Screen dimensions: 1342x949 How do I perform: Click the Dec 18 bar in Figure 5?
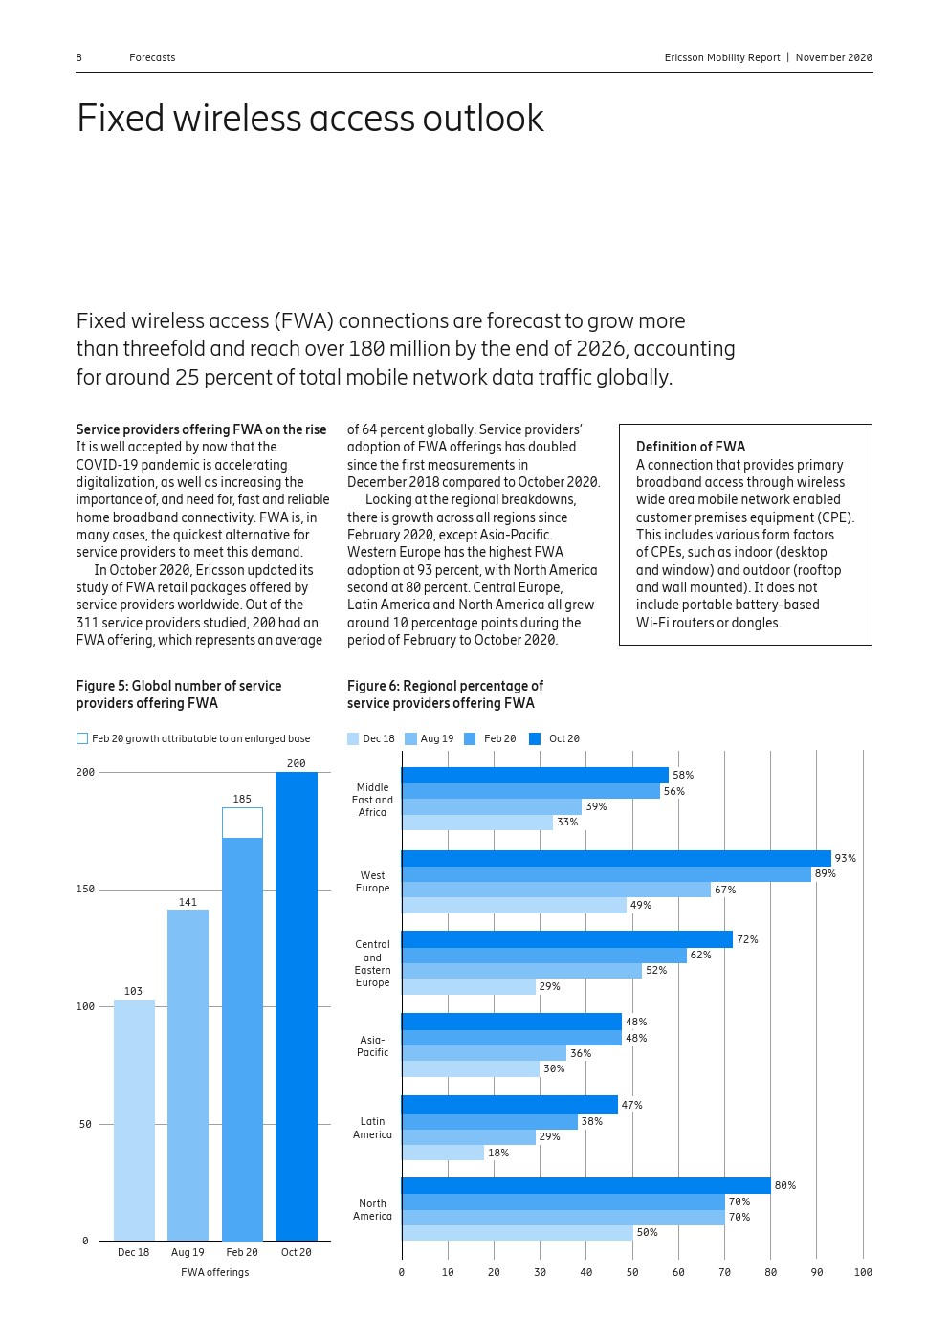pyautogui.click(x=134, y=1119)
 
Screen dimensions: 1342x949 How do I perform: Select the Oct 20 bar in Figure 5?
pyautogui.click(x=297, y=1004)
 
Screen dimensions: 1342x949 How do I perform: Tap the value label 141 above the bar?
pyautogui.click(x=188, y=902)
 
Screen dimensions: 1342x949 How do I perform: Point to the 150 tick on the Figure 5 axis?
pyautogui.click(x=86, y=890)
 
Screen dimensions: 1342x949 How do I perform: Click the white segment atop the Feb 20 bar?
pyautogui.click(x=242, y=823)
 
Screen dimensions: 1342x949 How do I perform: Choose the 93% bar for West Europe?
pyautogui.click(x=616, y=859)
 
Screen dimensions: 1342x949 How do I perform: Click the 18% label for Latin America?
pyautogui.click(x=498, y=1153)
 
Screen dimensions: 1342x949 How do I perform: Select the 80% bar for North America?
pyautogui.click(x=585, y=1186)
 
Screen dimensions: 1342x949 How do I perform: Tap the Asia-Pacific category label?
pyautogui.click(x=373, y=1045)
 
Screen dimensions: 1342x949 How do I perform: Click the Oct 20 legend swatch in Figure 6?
pyautogui.click(x=535, y=738)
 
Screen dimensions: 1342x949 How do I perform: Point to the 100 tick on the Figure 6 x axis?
pyautogui.click(x=863, y=1272)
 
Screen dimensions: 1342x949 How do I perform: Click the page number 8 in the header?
pyautogui.click(x=79, y=57)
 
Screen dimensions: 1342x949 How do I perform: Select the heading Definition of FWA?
pyautogui.click(x=691, y=447)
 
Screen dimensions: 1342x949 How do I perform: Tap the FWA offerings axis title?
pyautogui.click(x=215, y=1272)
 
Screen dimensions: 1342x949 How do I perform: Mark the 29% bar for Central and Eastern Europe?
pyautogui.click(x=469, y=987)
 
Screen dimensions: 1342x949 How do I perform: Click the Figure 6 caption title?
pyautogui.click(x=445, y=694)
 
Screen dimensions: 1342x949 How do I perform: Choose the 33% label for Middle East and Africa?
pyautogui.click(x=567, y=822)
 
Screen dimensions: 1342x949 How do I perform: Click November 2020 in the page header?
pyautogui.click(x=833, y=57)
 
